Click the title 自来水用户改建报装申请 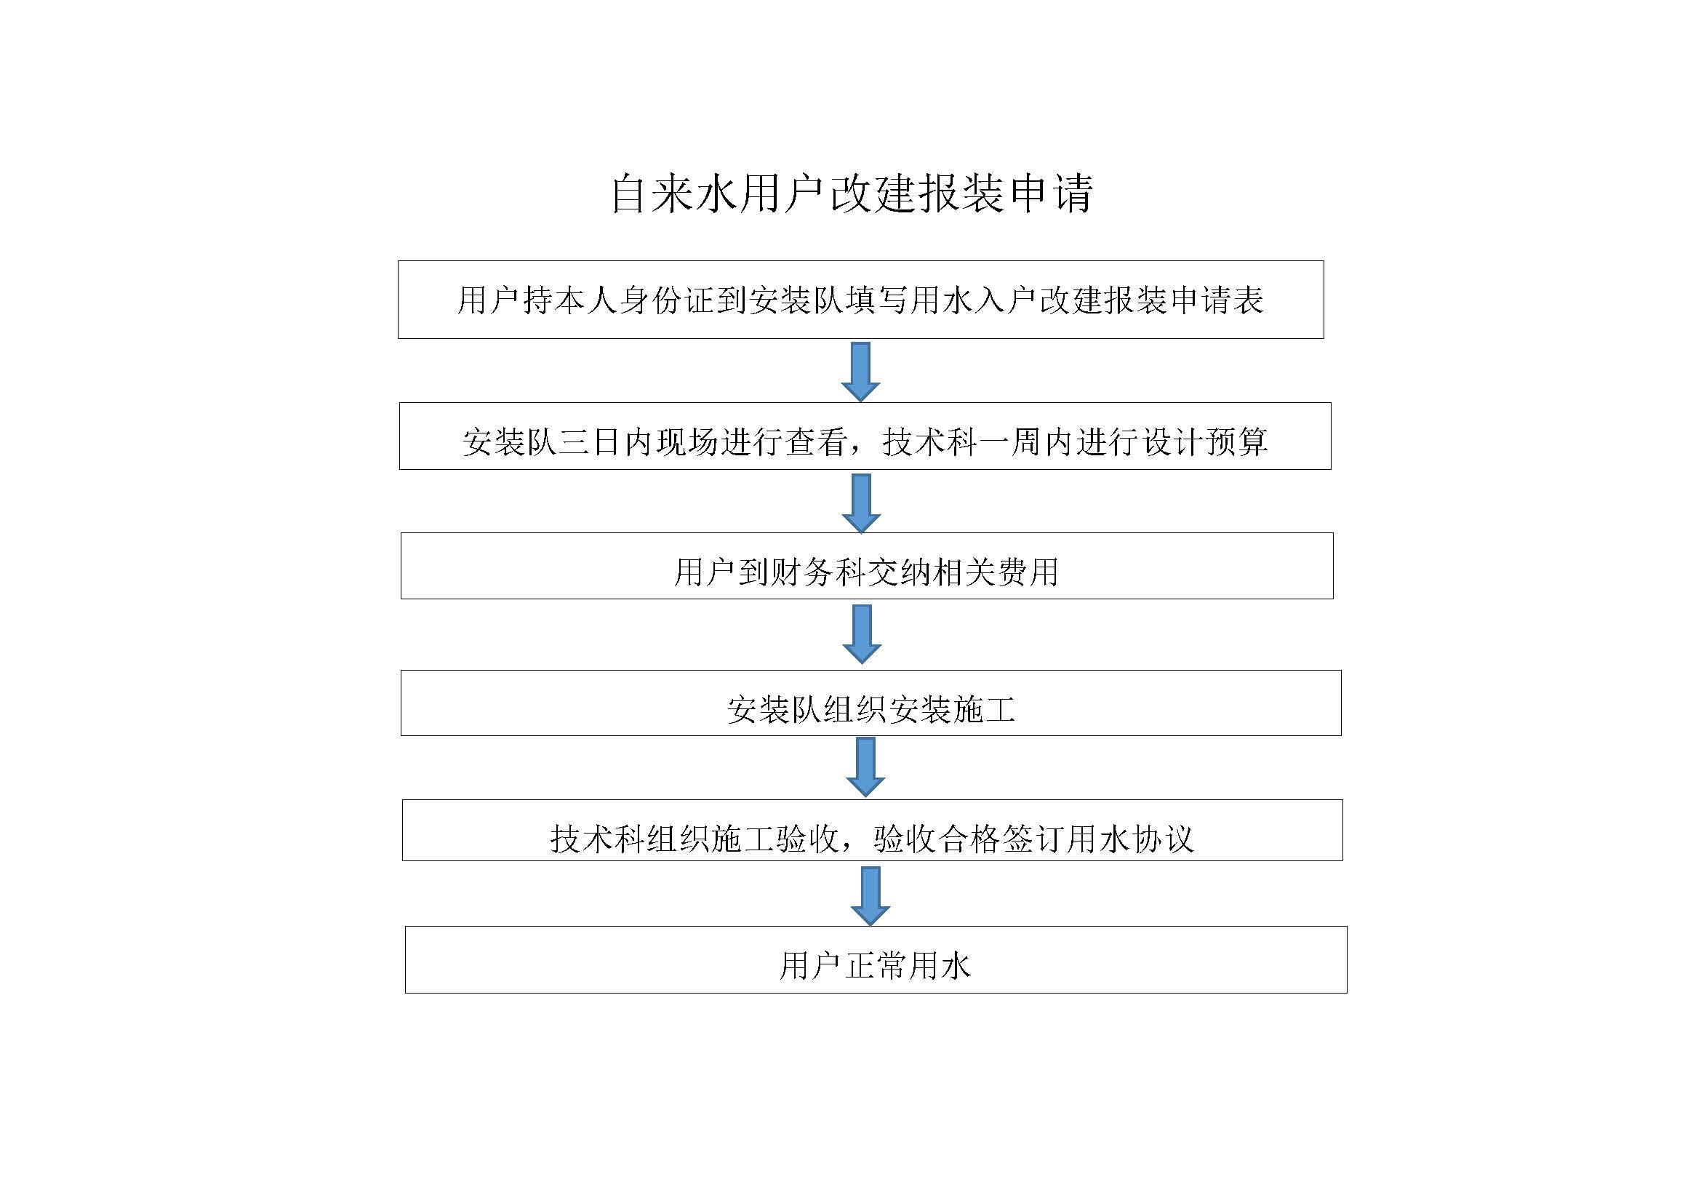click(x=852, y=194)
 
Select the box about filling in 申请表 click(x=861, y=299)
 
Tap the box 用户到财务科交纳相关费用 click(x=867, y=566)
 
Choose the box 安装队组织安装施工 click(x=871, y=703)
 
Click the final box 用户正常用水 click(x=876, y=959)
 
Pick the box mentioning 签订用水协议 click(x=872, y=831)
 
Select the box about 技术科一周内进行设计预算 click(x=865, y=436)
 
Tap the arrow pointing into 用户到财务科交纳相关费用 click(x=862, y=503)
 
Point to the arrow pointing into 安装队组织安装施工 click(x=862, y=634)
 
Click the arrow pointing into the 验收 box click(x=865, y=767)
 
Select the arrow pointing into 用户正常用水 click(x=870, y=896)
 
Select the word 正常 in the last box click(x=876, y=966)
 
